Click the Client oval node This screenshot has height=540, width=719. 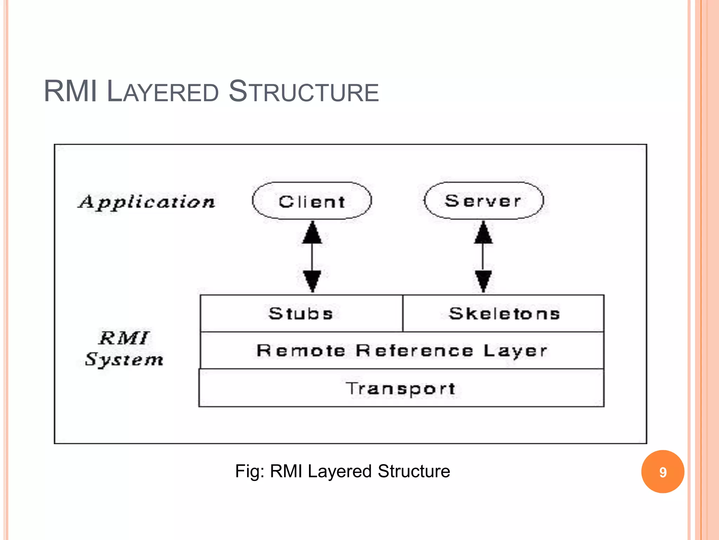[x=312, y=201]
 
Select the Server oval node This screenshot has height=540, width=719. [x=483, y=201]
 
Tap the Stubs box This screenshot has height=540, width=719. [x=301, y=313]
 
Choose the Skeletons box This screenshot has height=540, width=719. [x=504, y=313]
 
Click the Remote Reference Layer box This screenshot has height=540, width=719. [x=402, y=351]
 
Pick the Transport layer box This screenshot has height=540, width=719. [x=401, y=388]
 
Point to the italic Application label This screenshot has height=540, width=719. [x=146, y=202]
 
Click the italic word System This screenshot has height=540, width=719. [x=124, y=360]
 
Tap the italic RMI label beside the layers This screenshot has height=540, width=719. [x=124, y=338]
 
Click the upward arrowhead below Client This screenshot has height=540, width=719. [x=312, y=233]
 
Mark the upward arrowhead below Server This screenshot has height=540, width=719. [x=483, y=233]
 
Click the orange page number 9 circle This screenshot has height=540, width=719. [x=662, y=472]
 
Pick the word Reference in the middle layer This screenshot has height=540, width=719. [x=414, y=351]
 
